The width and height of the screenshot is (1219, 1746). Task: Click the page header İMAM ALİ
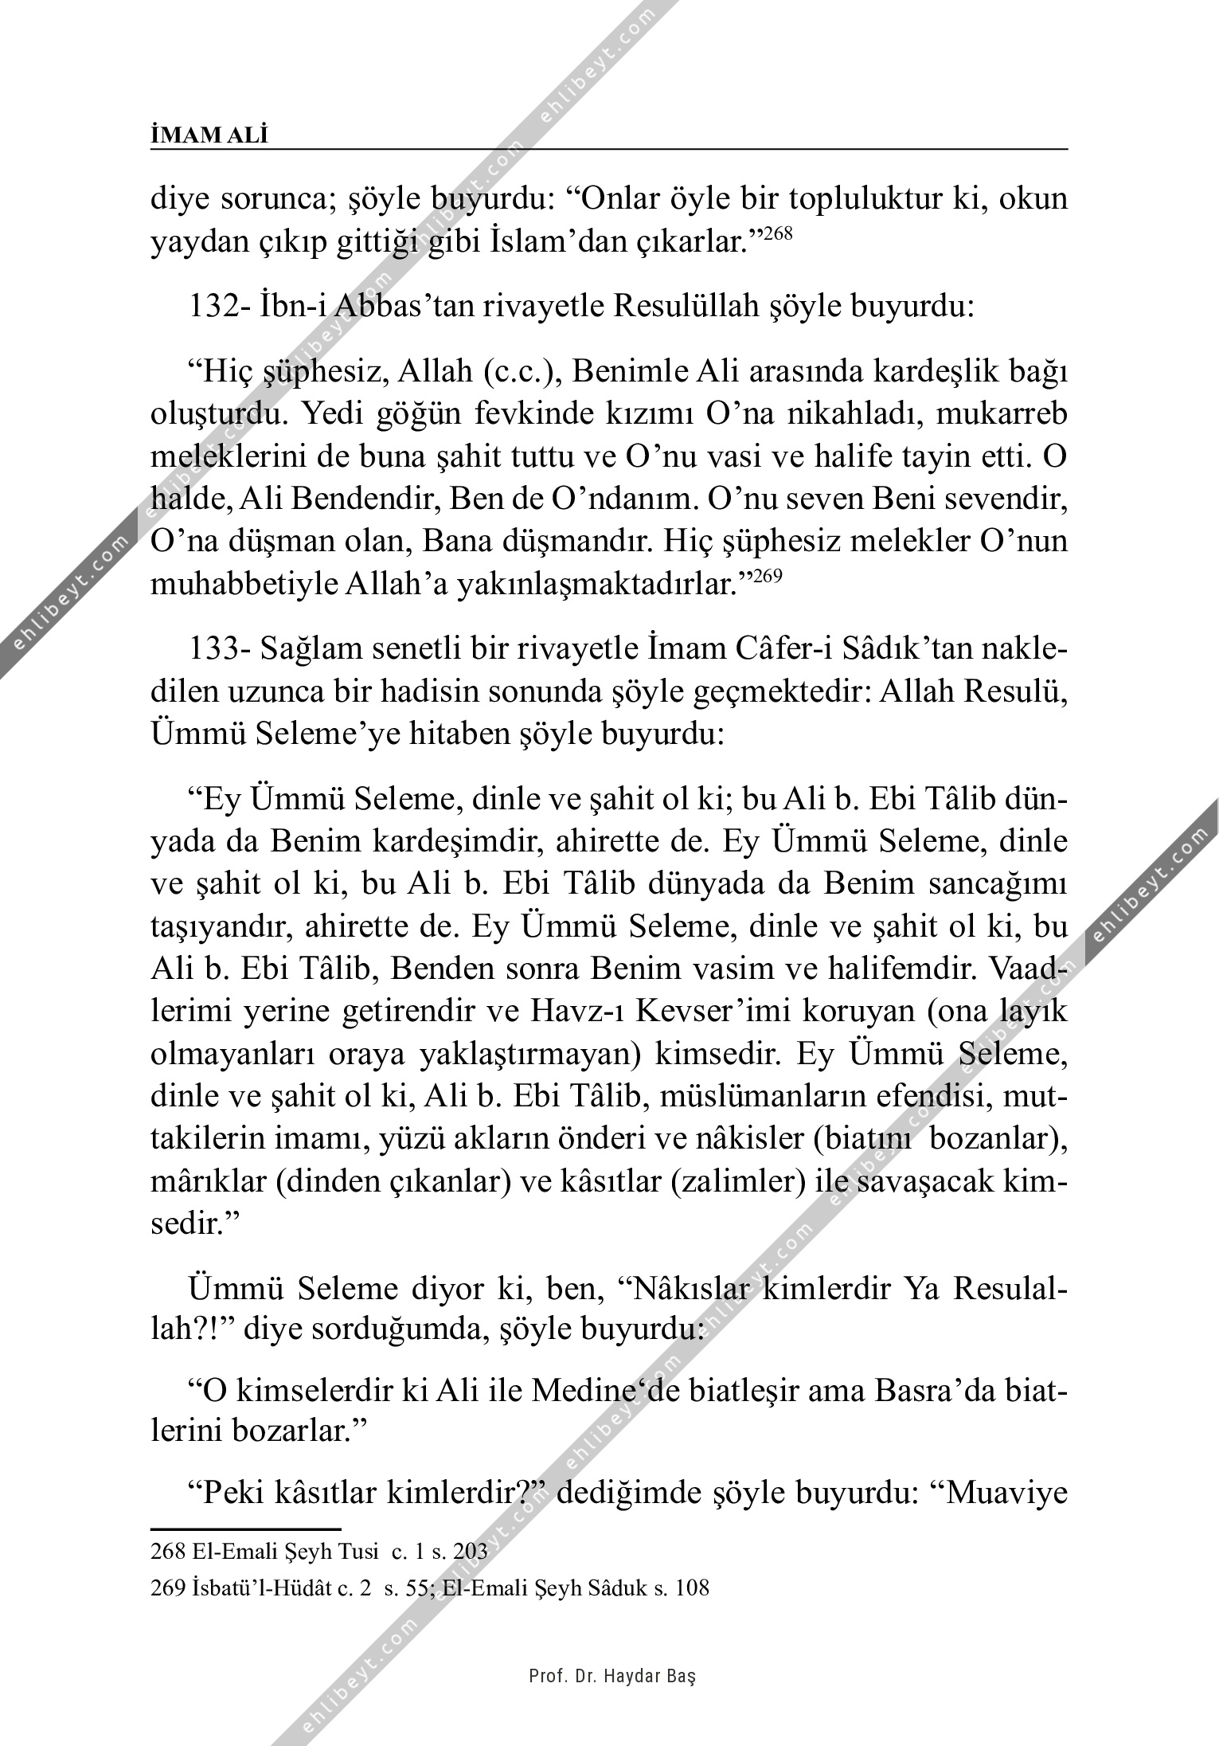[x=209, y=136]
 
